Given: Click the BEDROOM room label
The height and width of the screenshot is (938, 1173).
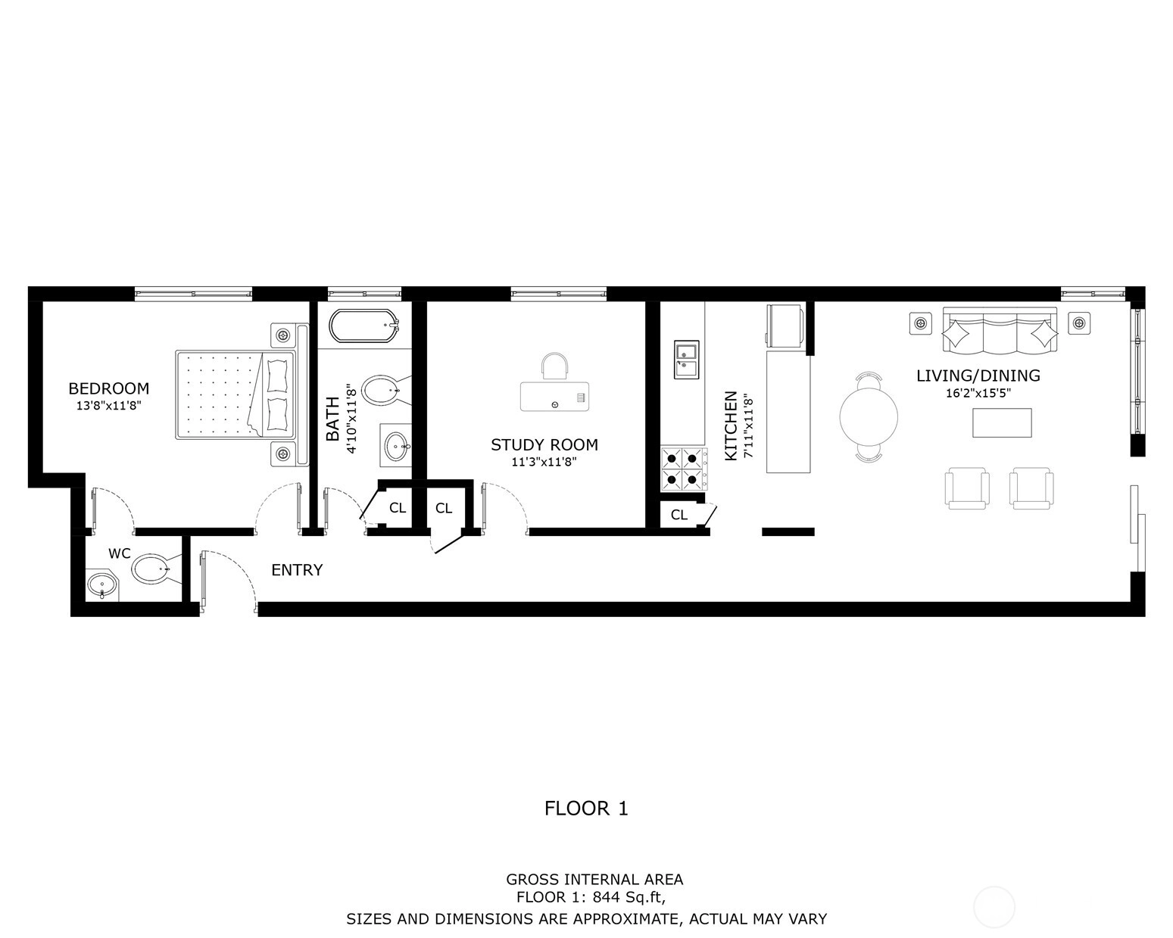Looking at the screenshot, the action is [108, 388].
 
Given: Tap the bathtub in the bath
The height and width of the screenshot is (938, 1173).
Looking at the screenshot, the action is [363, 326].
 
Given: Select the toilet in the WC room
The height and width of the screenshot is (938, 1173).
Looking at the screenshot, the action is [151, 569].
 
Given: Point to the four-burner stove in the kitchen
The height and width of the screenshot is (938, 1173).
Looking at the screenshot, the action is [685, 469].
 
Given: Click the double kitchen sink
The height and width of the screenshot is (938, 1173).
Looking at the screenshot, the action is [686, 360].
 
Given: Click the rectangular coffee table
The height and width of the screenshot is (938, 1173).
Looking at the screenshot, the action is [1002, 422].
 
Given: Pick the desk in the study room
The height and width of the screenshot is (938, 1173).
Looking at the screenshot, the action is [554, 396].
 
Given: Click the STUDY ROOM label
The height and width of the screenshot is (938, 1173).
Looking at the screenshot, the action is [544, 444].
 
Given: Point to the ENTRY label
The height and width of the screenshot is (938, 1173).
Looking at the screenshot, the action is [297, 570].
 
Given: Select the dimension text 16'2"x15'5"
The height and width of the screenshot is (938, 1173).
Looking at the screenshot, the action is [978, 393].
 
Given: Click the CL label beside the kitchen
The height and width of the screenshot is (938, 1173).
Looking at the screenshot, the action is [679, 515].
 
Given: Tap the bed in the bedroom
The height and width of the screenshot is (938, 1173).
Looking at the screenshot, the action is [236, 394].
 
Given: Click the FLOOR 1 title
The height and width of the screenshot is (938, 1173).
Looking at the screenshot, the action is [586, 809].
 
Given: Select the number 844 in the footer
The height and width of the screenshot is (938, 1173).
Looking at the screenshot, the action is [606, 896].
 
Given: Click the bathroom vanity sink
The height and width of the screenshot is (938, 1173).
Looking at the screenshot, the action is [396, 445].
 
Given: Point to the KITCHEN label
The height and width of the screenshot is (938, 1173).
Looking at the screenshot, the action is [731, 425].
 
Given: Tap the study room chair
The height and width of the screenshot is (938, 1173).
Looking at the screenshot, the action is [554, 366].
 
